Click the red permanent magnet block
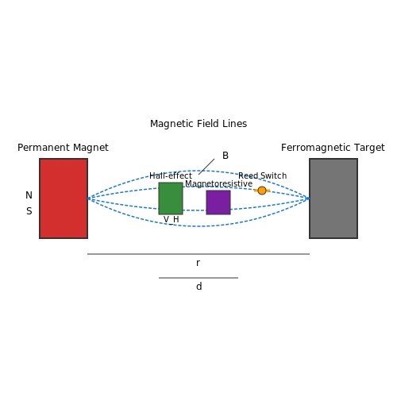[64, 198]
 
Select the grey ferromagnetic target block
[333, 198]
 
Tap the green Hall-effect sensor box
[171, 198]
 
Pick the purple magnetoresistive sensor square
[218, 202]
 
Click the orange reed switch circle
[262, 191]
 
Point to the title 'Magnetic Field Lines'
[198, 124]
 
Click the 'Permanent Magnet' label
[63, 148]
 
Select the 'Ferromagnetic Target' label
[333, 148]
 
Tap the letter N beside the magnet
[29, 195]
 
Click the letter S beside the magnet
[29, 211]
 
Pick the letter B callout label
[225, 156]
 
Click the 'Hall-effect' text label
[171, 175]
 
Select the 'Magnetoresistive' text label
[218, 183]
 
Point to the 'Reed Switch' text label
[262, 175]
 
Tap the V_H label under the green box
[172, 220]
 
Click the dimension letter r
[198, 263]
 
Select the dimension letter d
[199, 287]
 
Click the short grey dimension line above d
[198, 278]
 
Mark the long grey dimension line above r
[198, 254]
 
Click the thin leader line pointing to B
[206, 167]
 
